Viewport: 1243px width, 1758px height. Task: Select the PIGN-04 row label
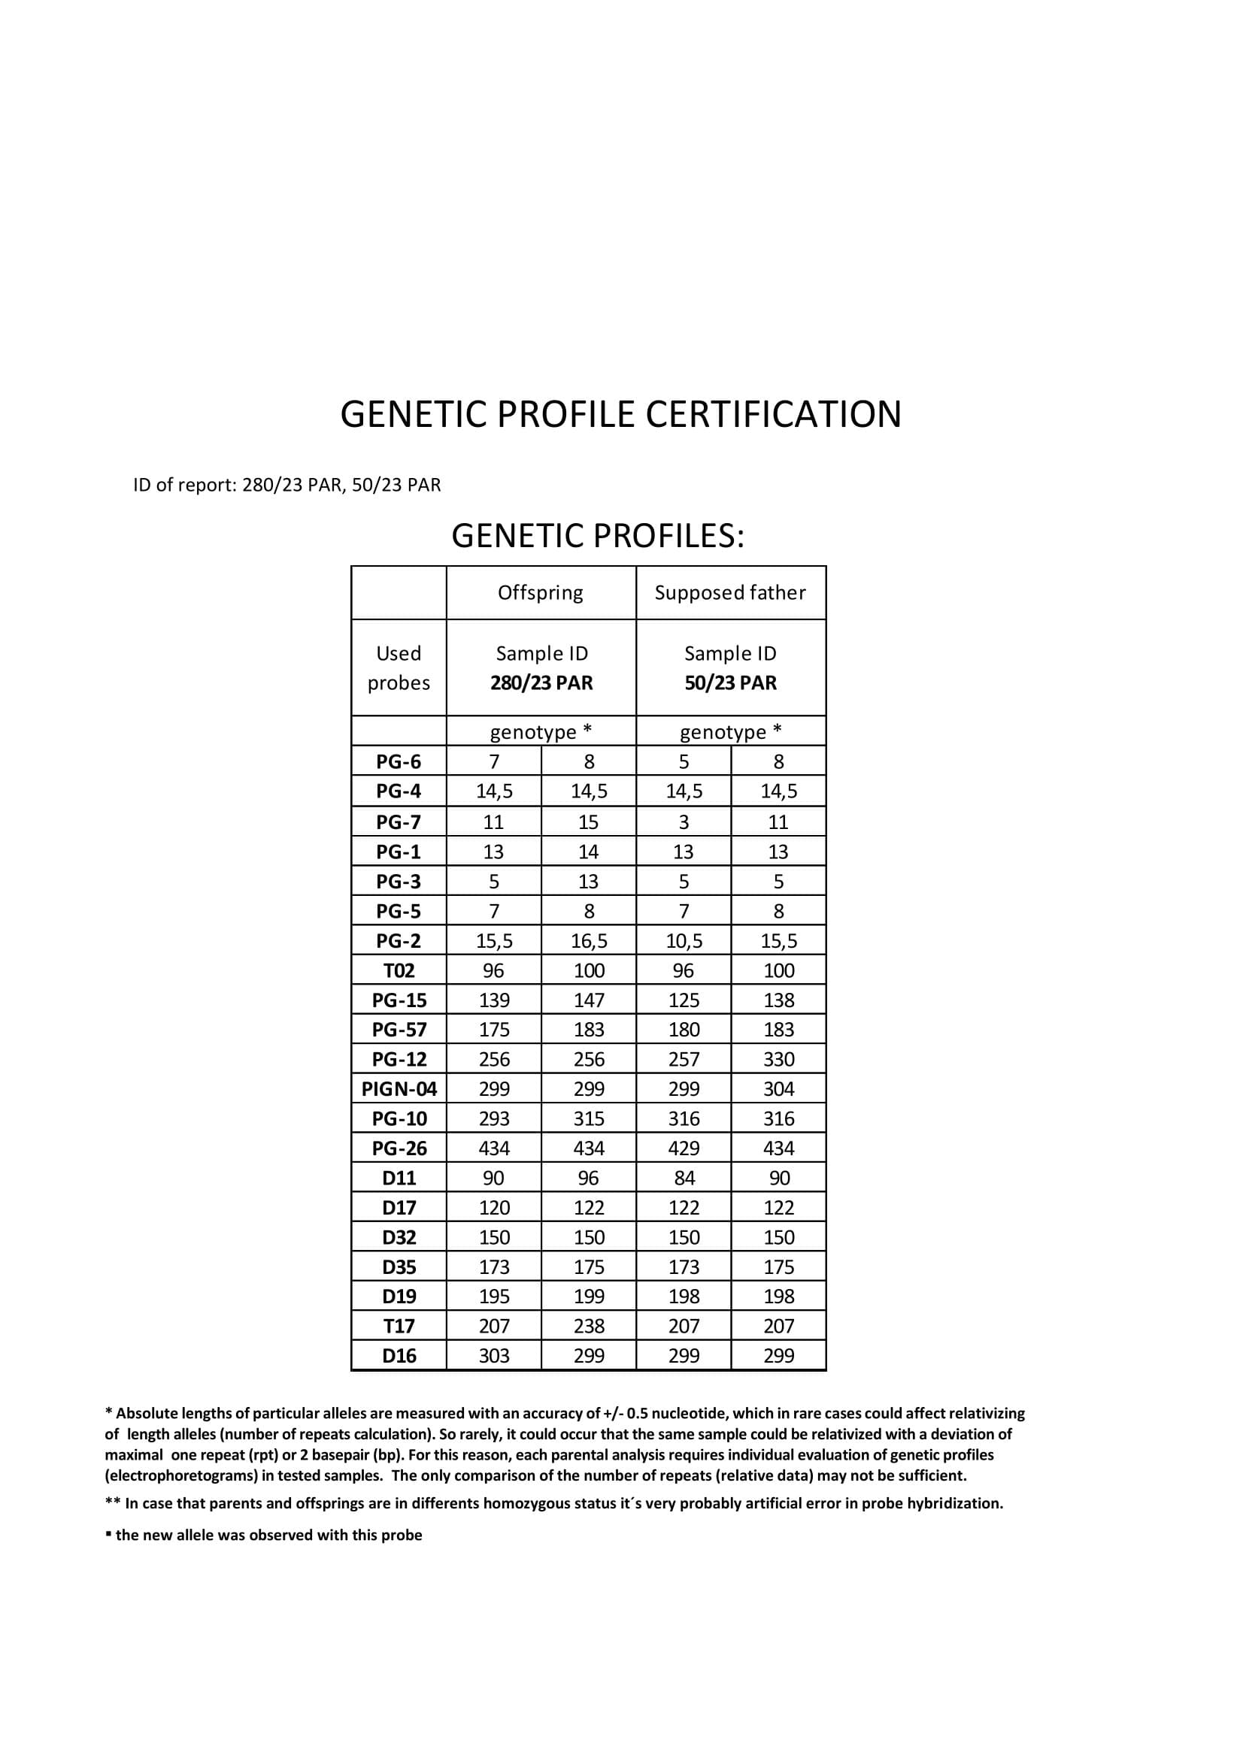click(399, 1089)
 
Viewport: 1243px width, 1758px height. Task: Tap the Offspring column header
click(541, 592)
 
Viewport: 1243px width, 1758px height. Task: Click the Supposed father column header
click(730, 592)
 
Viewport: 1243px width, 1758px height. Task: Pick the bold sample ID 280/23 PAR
click(541, 683)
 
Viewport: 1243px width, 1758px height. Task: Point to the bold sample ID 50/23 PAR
click(730, 683)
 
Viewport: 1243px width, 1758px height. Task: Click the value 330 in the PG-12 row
click(778, 1059)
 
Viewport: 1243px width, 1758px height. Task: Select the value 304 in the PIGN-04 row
click(778, 1089)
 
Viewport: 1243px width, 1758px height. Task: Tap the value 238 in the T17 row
click(589, 1326)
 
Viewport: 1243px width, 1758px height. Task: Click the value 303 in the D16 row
click(494, 1356)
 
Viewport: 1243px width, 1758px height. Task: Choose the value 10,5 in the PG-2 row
click(684, 941)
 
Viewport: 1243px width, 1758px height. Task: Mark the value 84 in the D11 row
click(684, 1179)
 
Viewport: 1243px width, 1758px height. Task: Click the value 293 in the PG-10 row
click(494, 1118)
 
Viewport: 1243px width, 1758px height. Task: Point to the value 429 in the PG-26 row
click(684, 1148)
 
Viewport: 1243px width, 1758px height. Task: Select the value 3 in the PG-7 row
click(684, 822)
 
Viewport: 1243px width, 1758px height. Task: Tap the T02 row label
click(399, 971)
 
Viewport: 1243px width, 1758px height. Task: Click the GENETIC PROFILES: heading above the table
click(597, 536)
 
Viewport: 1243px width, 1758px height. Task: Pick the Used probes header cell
click(399, 667)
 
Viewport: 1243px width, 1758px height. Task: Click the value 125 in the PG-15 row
click(684, 1000)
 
